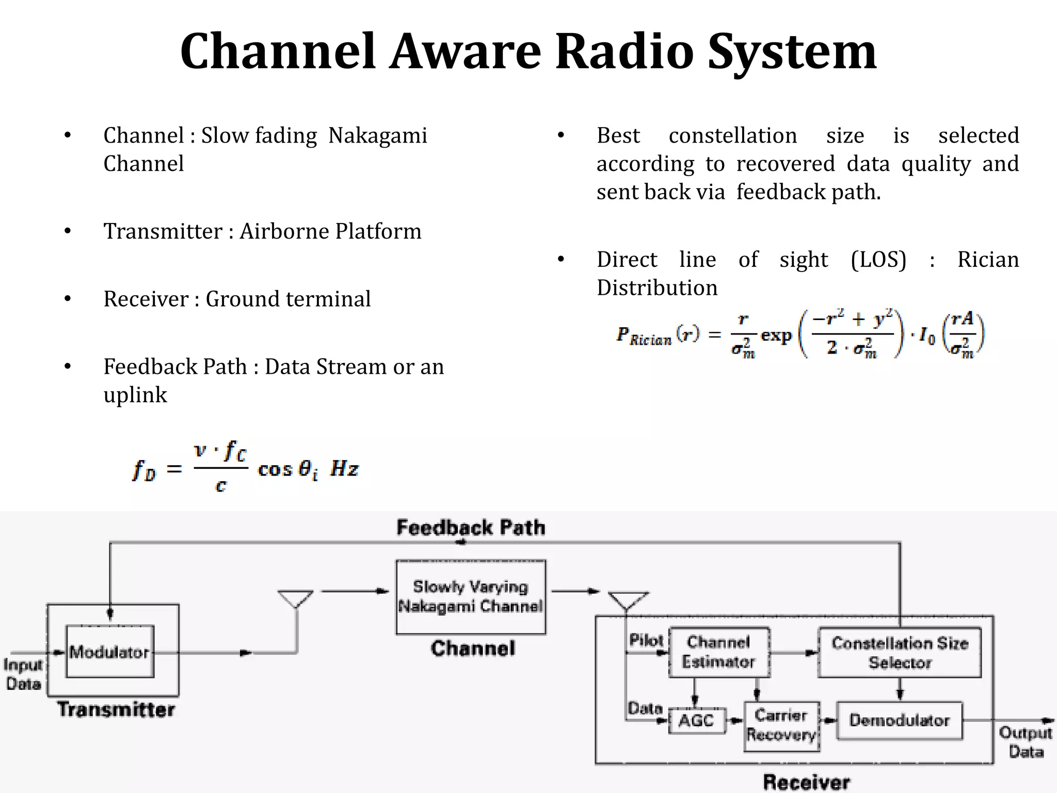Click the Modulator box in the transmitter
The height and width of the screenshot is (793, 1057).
[110, 652]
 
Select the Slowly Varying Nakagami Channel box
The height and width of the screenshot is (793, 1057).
[471, 597]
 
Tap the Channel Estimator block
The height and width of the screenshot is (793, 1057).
[719, 652]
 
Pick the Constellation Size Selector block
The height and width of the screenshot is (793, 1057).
[900, 653]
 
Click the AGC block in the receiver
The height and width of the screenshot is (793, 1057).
[697, 720]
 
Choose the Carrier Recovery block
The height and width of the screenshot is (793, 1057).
[781, 725]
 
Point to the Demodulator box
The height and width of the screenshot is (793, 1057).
[900, 720]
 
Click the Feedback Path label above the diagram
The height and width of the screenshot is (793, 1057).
[471, 528]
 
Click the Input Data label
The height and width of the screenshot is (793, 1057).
[23, 674]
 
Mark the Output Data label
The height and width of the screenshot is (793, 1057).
[1026, 742]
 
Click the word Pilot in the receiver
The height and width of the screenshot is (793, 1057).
[646, 640]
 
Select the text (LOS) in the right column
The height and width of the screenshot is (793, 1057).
[878, 259]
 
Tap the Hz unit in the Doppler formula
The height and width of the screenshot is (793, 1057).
[344, 469]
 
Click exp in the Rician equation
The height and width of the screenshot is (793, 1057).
[776, 336]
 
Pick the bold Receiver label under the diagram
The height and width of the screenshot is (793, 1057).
[806, 782]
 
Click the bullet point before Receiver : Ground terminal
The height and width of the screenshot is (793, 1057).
[68, 299]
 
